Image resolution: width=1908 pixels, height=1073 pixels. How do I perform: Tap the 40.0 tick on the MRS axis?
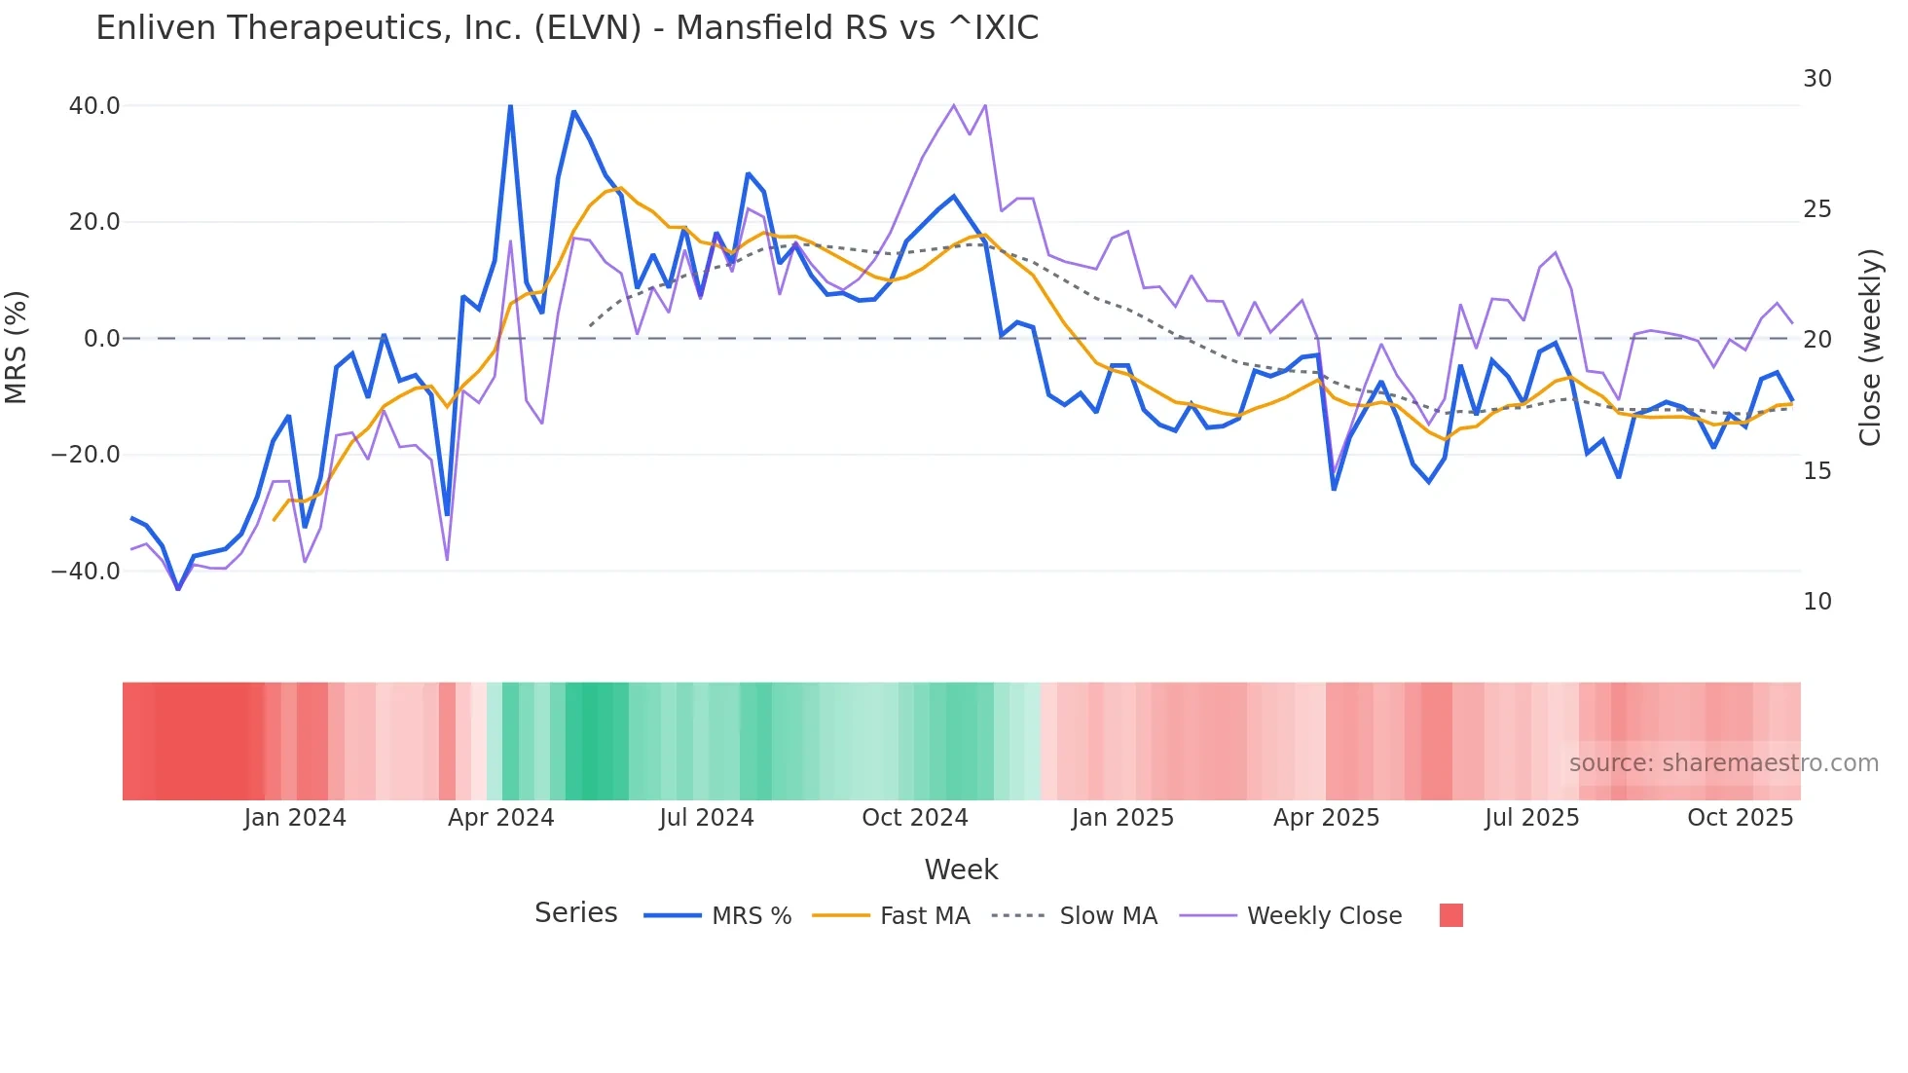coord(94,106)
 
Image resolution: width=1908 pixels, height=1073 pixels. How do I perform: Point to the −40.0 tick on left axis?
coord(87,572)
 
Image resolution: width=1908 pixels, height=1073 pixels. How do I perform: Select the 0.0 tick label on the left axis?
coord(101,339)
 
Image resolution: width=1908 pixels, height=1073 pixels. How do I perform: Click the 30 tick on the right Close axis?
coord(1816,79)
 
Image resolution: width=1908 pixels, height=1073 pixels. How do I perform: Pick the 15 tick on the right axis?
coord(1816,471)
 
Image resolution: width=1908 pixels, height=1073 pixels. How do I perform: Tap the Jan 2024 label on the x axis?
coord(295,818)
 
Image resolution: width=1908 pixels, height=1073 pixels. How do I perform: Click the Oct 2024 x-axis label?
coord(914,818)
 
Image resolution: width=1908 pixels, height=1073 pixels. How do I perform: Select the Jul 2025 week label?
coord(1531,818)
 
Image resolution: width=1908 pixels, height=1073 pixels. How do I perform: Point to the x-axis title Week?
coord(961,869)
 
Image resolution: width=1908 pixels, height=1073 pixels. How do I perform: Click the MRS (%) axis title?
coord(17,347)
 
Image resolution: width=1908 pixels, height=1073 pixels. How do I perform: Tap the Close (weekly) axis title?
coord(1870,348)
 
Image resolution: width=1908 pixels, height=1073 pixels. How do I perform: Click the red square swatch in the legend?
coord(1450,915)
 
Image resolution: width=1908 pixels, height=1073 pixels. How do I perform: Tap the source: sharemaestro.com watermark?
coord(1723,763)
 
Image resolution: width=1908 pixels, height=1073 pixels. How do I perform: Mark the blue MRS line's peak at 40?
coord(510,106)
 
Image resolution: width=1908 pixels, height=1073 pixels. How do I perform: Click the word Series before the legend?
coord(575,913)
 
